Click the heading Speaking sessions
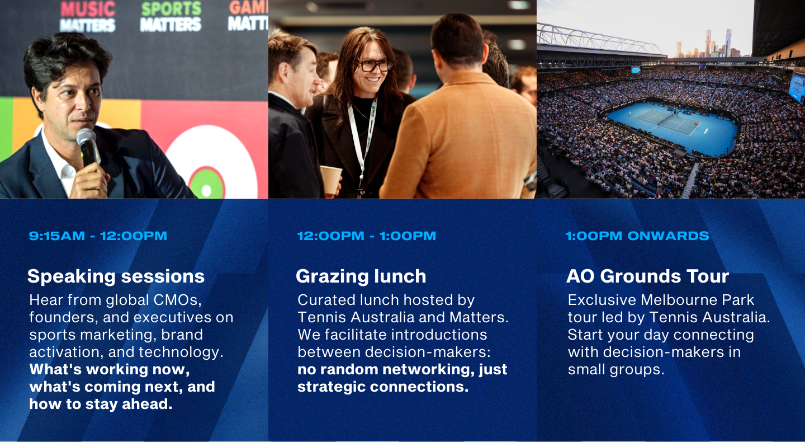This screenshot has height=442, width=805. [x=116, y=276]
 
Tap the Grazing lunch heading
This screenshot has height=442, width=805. [x=361, y=276]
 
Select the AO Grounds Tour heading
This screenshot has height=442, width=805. [x=647, y=276]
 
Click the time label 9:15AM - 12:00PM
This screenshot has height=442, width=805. [x=98, y=236]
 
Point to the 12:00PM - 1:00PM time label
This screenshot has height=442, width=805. [x=367, y=236]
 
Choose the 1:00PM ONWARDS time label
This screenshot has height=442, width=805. [x=637, y=236]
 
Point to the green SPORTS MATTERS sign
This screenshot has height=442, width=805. [x=171, y=17]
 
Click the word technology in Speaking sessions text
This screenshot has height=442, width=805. [x=181, y=352]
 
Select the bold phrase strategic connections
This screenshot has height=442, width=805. [x=383, y=387]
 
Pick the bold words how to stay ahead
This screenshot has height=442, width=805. [x=101, y=405]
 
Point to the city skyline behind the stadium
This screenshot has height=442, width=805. [x=704, y=45]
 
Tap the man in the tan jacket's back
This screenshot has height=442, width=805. [x=463, y=140]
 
